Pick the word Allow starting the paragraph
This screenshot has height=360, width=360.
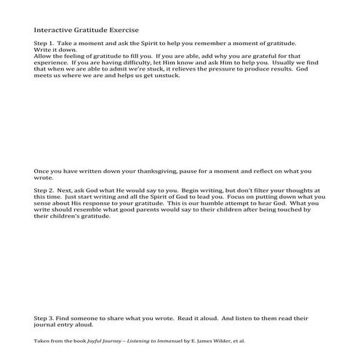[x=42, y=56]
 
